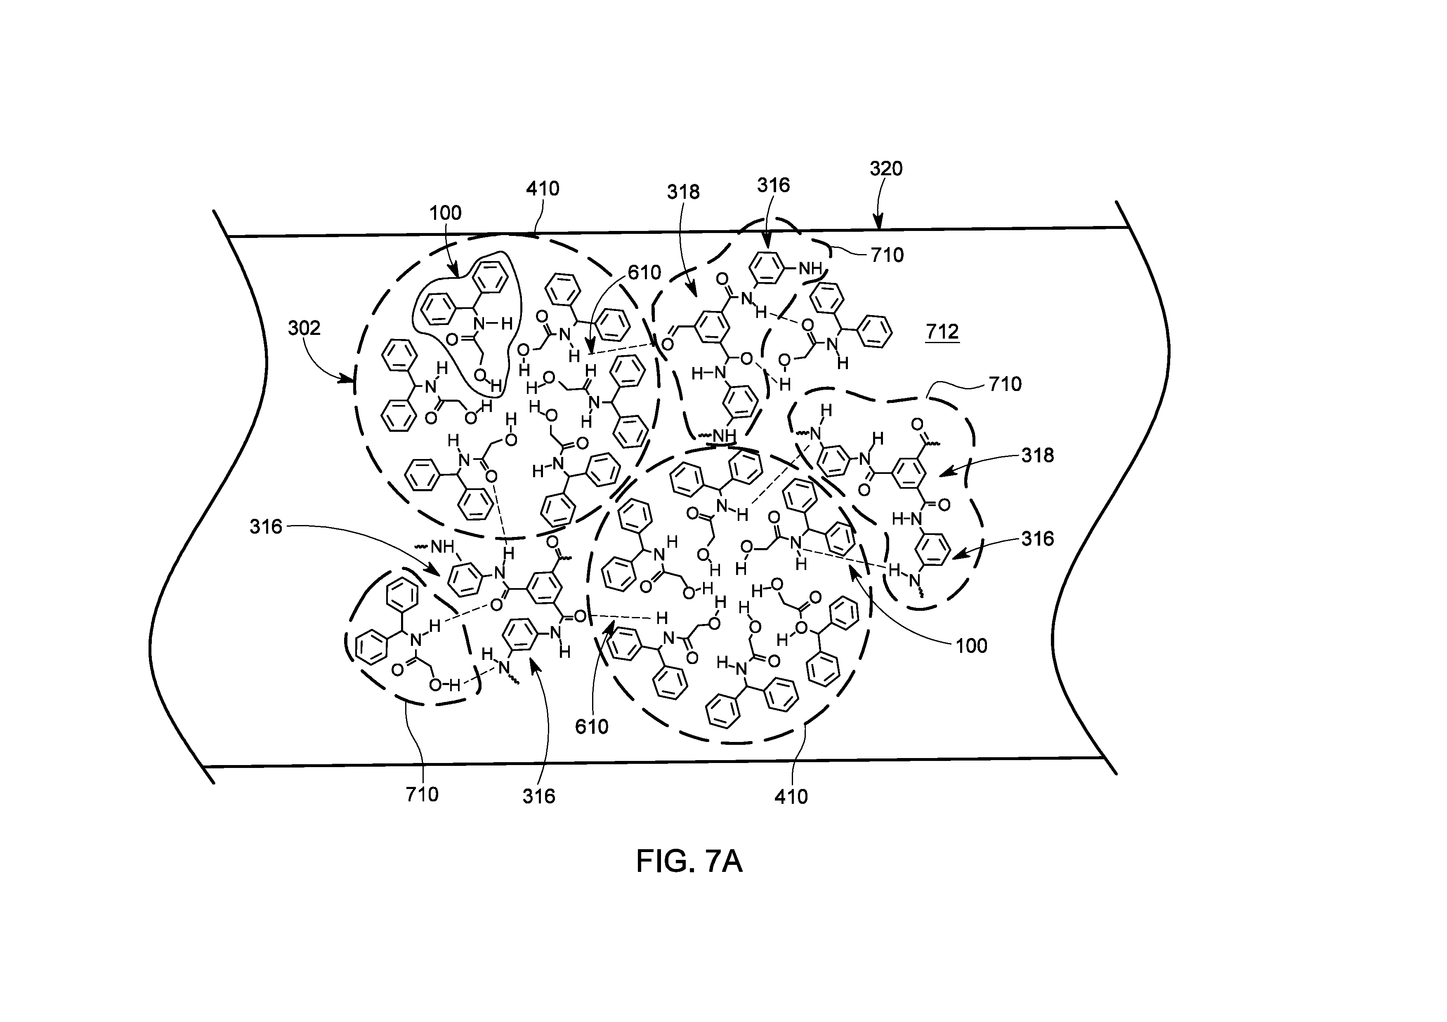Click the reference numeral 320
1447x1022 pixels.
(x=886, y=169)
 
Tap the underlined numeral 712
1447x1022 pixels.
(x=942, y=332)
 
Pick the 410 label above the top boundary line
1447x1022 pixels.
(x=543, y=188)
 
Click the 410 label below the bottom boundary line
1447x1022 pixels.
(x=791, y=797)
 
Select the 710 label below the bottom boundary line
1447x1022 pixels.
(x=422, y=794)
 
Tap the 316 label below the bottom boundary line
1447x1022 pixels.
(x=539, y=796)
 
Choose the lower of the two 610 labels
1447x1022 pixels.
(x=592, y=726)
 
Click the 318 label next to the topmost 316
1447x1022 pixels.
(x=683, y=191)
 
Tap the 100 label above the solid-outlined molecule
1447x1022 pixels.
(x=446, y=213)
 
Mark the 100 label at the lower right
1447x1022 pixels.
(x=971, y=646)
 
